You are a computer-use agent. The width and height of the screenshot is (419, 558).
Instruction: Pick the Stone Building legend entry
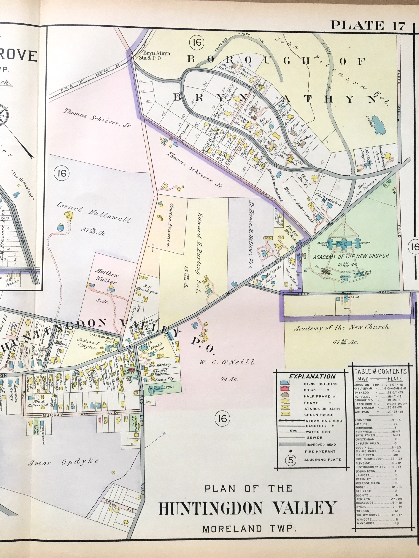[x=320, y=384]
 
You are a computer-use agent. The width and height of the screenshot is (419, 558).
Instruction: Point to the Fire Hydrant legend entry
[x=320, y=452]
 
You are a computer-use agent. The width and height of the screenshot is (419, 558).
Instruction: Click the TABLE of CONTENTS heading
[x=380, y=371]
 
